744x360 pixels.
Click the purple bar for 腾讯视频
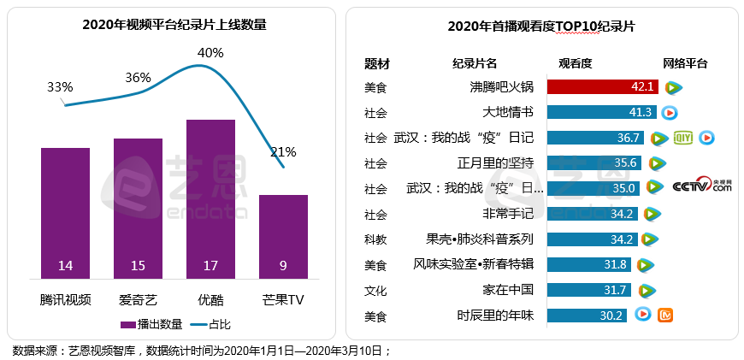[65, 213]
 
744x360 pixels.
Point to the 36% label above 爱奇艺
[138, 77]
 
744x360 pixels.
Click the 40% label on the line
[210, 53]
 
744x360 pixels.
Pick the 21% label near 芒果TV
[283, 152]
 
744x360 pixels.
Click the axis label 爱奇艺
[138, 300]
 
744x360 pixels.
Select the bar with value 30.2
[587, 316]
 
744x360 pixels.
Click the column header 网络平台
[685, 63]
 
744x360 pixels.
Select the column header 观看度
[576, 63]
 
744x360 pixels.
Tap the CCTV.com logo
[702, 187]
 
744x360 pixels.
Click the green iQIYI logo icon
[682, 137]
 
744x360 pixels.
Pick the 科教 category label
[375, 239]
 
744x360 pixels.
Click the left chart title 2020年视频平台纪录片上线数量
[174, 25]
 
